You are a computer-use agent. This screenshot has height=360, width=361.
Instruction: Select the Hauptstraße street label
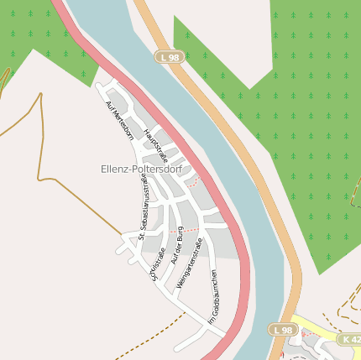pyautogui.click(x=156, y=145)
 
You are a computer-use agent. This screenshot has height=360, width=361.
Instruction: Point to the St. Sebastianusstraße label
pyautogui.click(x=144, y=206)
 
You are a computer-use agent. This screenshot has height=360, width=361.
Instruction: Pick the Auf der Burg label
pyautogui.click(x=176, y=245)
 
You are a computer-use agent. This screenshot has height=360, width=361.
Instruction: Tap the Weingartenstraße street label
pyautogui.click(x=190, y=264)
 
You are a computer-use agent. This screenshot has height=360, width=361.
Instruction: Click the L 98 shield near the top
pyautogui.click(x=168, y=56)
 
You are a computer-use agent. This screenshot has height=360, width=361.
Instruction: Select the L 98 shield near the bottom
pyautogui.click(x=283, y=330)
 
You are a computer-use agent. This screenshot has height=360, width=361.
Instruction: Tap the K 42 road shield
pyautogui.click(x=350, y=339)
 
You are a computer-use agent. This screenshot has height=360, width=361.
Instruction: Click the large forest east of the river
pyautogui.click(x=311, y=126)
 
